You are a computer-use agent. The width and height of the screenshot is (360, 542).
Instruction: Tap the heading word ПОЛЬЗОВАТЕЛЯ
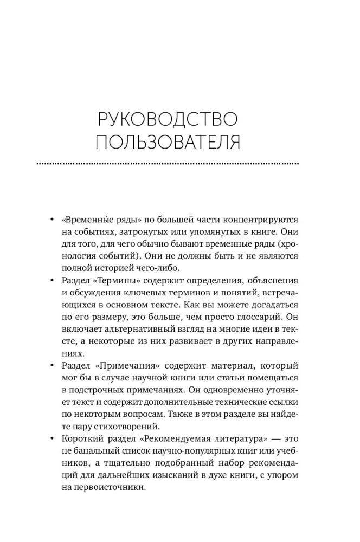coord(167,142)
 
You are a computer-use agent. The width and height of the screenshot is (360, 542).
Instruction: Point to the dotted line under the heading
coord(167,163)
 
